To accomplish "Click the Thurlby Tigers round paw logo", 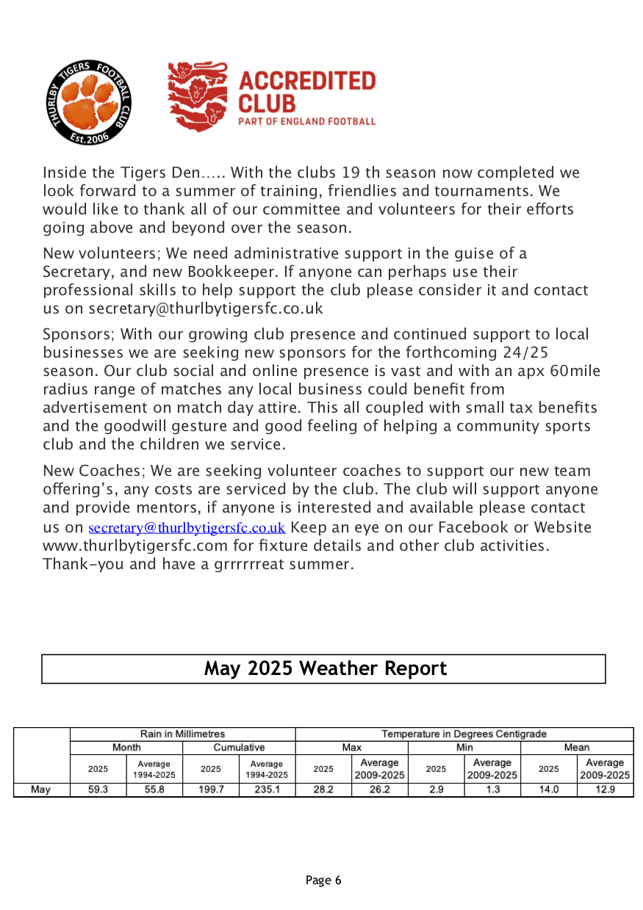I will coord(89,102).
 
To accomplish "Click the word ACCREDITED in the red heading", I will coord(307,81).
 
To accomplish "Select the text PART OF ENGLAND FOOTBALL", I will coord(307,121).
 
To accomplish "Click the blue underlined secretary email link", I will coord(187,528).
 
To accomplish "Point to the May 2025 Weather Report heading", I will coord(325,668).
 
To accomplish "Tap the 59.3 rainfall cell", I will coord(98,790).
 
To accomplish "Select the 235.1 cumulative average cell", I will coord(267,790).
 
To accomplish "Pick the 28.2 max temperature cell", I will coord(323,790).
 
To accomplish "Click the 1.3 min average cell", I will coord(492,790).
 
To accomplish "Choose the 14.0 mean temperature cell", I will coord(548,790).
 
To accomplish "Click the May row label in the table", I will coord(41,790).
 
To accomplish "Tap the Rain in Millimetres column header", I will coord(182,734).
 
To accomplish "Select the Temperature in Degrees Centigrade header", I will coord(464,734).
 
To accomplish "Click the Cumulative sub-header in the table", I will coord(239,748).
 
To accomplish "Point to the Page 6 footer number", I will coord(323,880).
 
